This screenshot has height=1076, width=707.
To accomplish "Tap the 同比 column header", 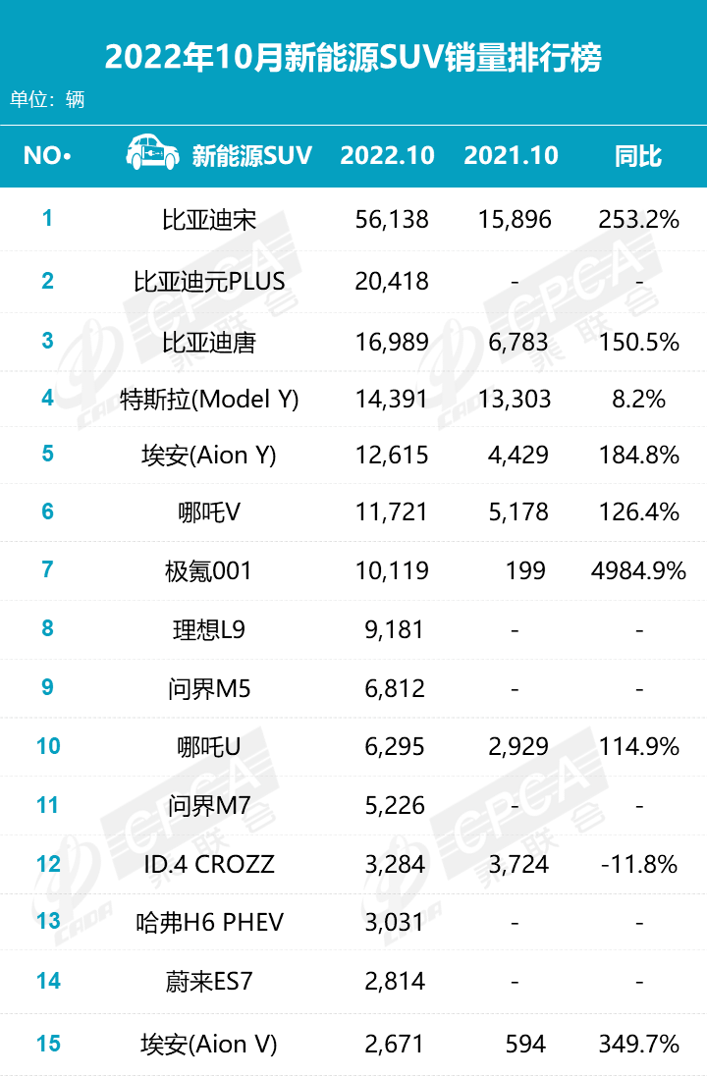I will point(638,156).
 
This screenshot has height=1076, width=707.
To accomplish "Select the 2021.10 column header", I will point(511,156).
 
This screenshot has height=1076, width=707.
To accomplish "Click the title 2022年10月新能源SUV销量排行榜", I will point(353,58).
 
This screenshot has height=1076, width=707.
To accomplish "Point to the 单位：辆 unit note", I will point(47,100).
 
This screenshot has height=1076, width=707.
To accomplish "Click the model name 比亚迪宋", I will point(209,220).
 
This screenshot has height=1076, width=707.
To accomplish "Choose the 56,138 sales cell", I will point(392,220).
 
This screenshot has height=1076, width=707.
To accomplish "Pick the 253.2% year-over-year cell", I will point(639,220).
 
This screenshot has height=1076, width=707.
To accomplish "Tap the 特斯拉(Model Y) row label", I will point(209,400).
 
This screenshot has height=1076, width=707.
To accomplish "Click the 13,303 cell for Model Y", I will point(515,400).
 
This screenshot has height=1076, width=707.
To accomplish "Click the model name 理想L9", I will point(209,629).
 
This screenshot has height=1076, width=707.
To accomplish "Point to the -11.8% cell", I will point(639,864).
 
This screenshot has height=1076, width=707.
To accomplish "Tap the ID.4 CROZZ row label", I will point(209,864).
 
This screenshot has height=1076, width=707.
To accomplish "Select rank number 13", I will point(48,921).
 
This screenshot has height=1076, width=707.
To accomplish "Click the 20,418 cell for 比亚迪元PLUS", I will point(392,282).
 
